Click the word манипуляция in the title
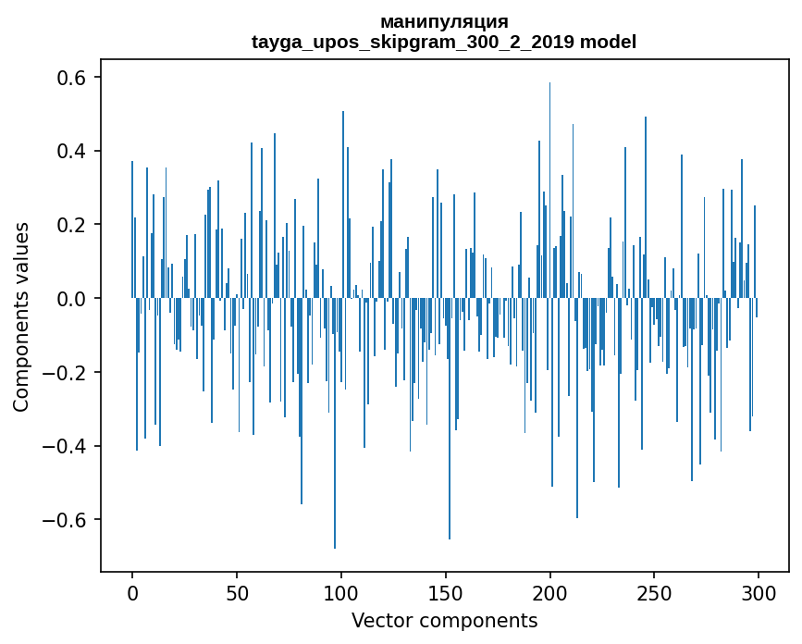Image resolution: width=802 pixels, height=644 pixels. point(444,21)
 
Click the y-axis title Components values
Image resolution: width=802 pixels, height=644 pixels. point(21,316)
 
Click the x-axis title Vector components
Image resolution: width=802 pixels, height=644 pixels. point(444,621)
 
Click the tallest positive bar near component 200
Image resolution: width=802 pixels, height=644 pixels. point(549,185)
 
